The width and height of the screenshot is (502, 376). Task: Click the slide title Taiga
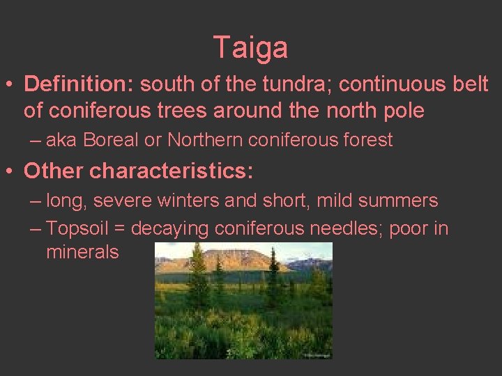click(x=250, y=48)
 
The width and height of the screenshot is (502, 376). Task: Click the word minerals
click(x=82, y=252)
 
